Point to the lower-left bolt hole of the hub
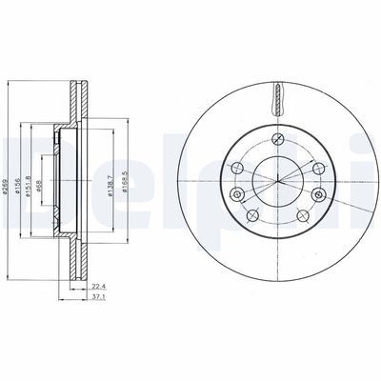251,216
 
